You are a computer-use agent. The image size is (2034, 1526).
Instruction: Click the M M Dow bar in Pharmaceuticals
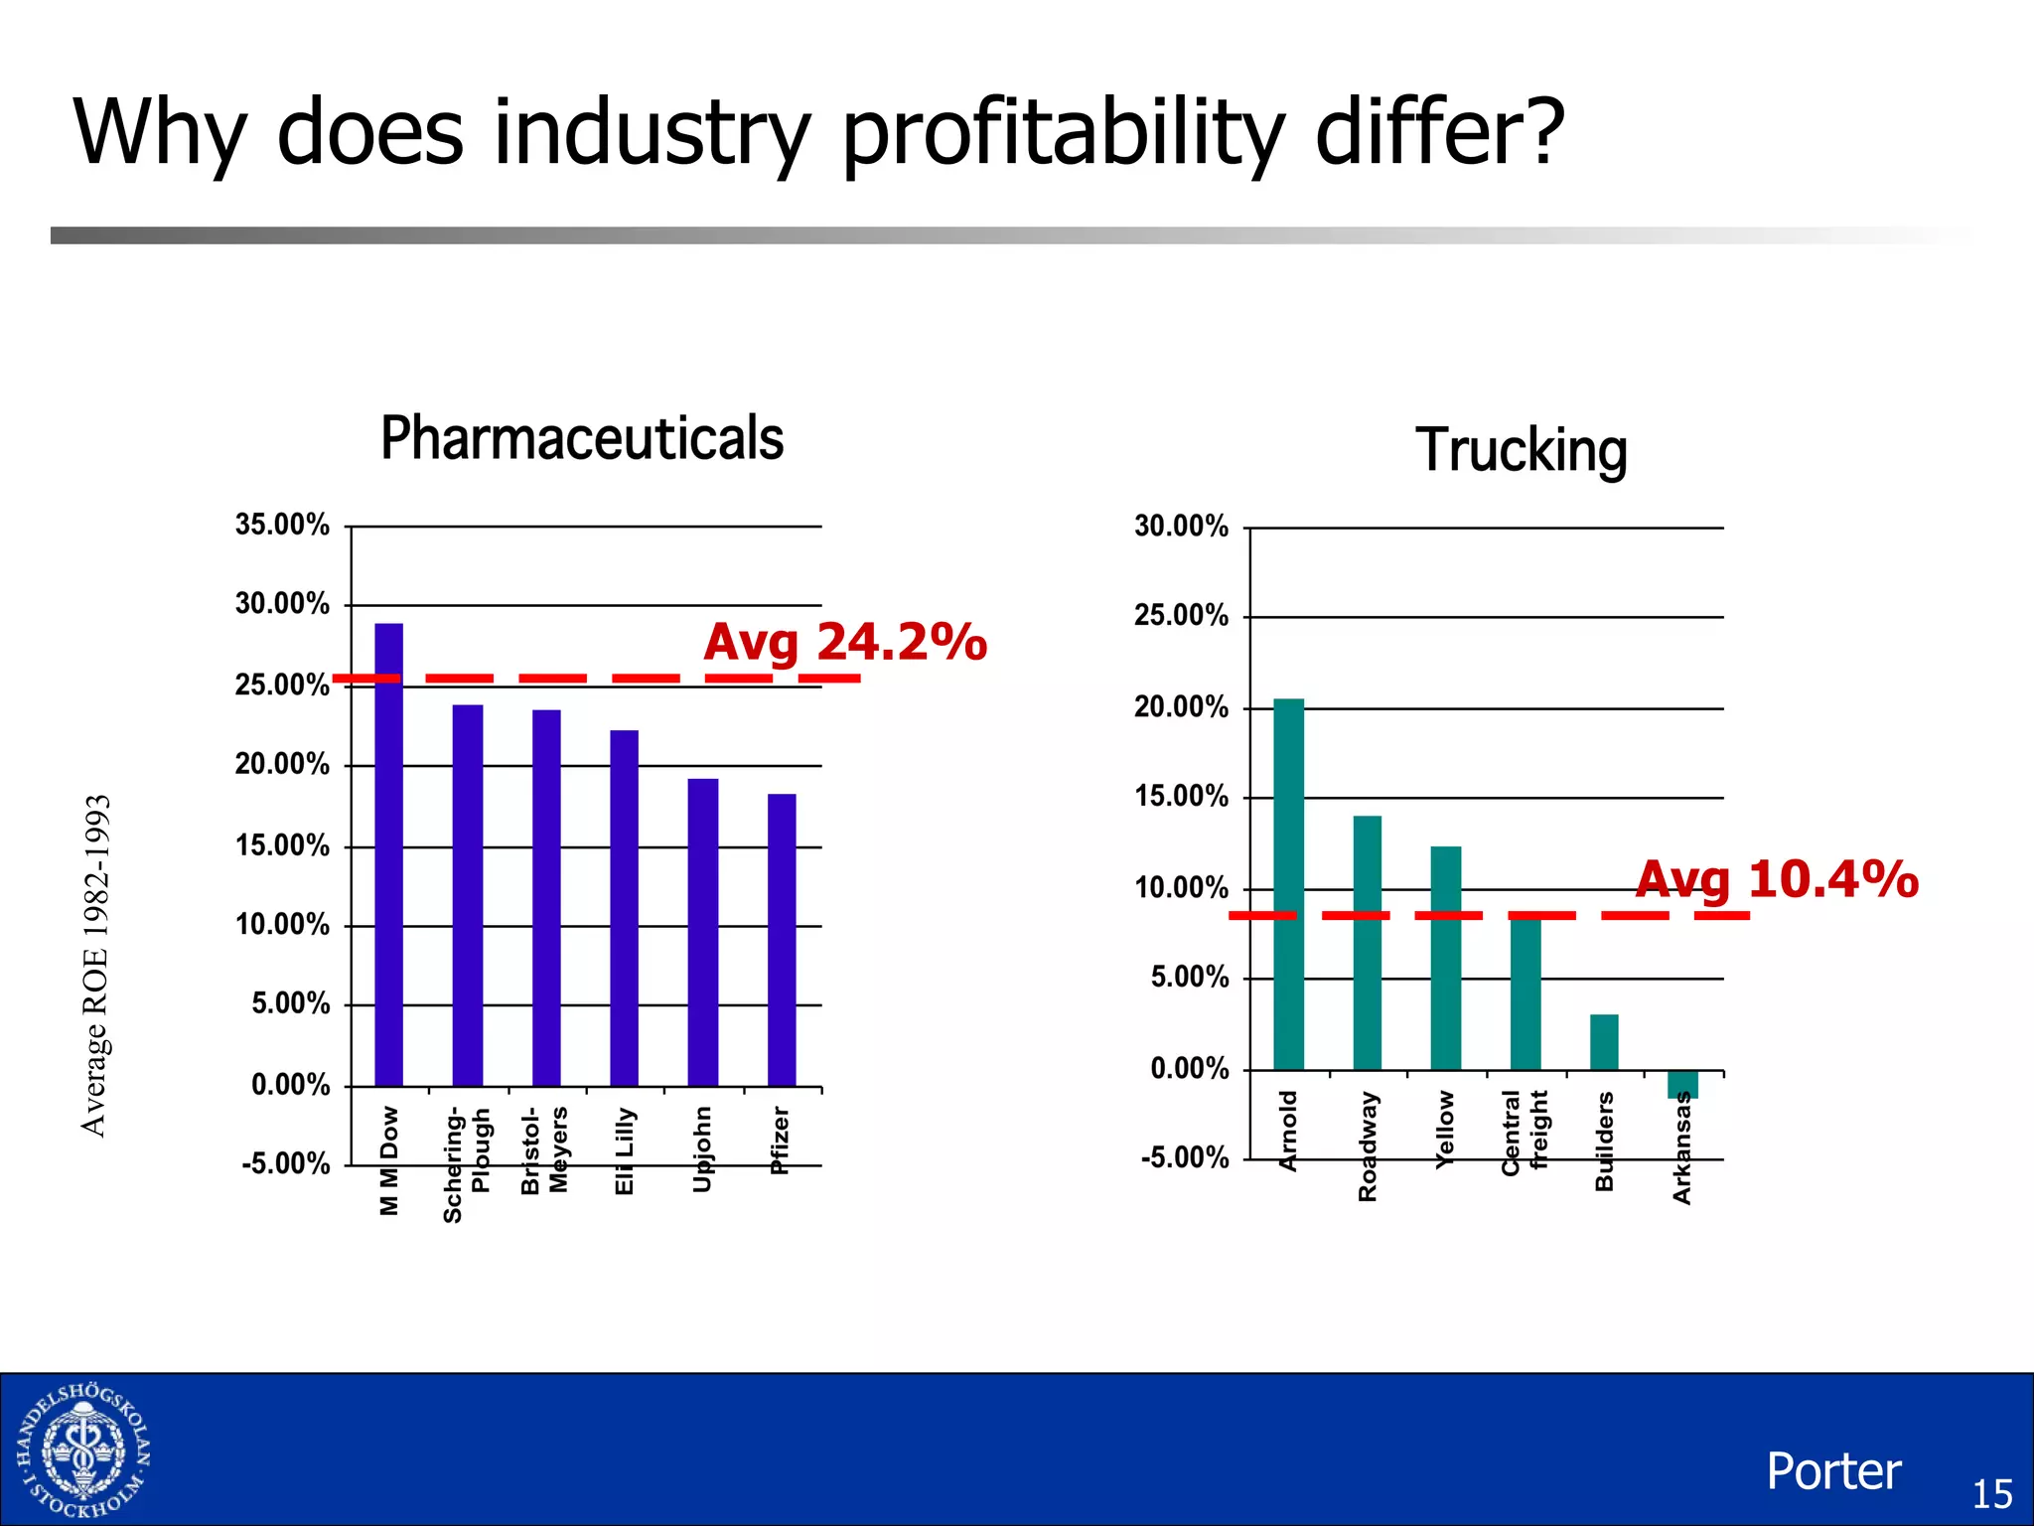(x=388, y=854)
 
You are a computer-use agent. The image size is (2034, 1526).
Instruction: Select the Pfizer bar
(x=782, y=939)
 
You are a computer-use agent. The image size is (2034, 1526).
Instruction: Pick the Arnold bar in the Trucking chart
(x=1288, y=884)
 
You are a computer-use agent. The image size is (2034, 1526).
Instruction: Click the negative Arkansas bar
(x=1682, y=1084)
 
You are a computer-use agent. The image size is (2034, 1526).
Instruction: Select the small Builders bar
(x=1604, y=1042)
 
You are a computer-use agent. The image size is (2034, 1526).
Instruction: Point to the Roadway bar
(x=1367, y=943)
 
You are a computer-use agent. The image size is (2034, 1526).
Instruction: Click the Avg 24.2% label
(x=845, y=641)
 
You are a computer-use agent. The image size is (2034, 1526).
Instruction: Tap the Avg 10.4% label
(x=1776, y=879)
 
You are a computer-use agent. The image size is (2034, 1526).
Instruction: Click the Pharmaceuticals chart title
(x=582, y=438)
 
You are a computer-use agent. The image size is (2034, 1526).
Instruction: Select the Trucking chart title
(x=1521, y=450)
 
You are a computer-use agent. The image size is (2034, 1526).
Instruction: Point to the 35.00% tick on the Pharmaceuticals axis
(x=282, y=525)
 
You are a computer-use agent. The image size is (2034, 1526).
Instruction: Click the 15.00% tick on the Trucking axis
(x=1181, y=797)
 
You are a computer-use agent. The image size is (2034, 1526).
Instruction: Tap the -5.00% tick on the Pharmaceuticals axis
(x=286, y=1163)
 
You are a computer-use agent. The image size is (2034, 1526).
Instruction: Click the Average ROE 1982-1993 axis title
(x=95, y=965)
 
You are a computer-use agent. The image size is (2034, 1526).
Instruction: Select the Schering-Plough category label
(x=466, y=1163)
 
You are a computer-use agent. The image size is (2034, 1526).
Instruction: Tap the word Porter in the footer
(x=1833, y=1471)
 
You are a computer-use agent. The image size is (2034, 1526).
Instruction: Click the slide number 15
(x=1991, y=1494)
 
